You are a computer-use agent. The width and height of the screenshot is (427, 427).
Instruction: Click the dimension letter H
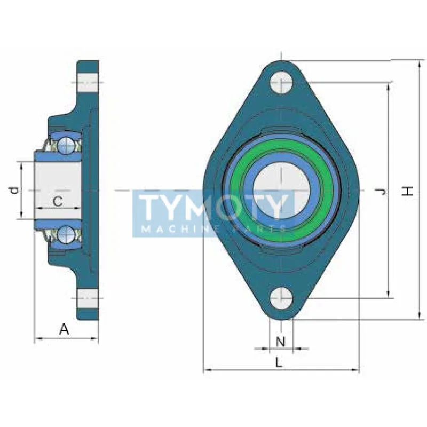[x=407, y=191]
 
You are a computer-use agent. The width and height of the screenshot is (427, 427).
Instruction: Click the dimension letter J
[x=382, y=192]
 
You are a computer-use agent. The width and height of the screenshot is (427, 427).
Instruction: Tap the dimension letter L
[x=279, y=362]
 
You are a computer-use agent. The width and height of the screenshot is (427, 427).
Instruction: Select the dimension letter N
[x=281, y=342]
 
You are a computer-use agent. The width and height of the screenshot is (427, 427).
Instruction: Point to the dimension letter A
[x=64, y=329]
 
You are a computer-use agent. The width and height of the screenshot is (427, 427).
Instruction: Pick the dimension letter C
[x=58, y=202]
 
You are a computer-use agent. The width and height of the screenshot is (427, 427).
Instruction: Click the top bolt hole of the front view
[x=282, y=82]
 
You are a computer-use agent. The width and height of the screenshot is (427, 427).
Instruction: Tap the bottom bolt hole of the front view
[x=282, y=298]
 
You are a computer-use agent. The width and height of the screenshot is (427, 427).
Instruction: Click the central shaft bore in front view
[x=282, y=190]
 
